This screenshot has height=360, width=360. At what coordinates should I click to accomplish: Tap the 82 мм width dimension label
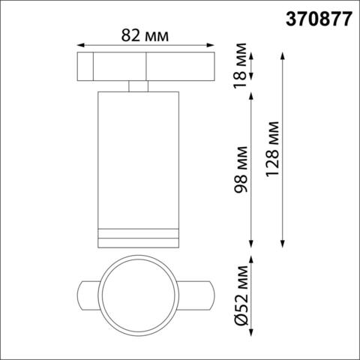point(146,34)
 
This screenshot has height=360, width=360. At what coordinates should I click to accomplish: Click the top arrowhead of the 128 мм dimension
point(283,53)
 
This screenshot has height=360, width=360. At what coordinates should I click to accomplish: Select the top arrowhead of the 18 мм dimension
point(253,53)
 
